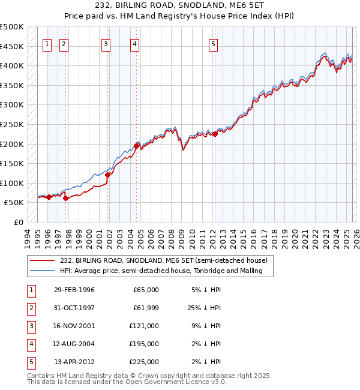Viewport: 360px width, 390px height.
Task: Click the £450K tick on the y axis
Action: (x=12, y=46)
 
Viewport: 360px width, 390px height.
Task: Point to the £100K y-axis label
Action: (x=12, y=183)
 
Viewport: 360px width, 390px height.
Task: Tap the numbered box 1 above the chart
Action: (x=47, y=43)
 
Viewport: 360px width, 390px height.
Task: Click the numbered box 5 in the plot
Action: (x=214, y=43)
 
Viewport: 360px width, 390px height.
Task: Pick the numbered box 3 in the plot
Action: (x=106, y=43)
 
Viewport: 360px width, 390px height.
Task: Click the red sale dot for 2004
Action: (x=137, y=146)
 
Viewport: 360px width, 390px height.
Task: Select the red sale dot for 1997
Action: (x=65, y=199)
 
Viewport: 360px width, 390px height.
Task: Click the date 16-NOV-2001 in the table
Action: (x=74, y=326)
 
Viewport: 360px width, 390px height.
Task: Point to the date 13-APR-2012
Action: (x=74, y=362)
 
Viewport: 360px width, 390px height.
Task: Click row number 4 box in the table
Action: (x=30, y=344)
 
